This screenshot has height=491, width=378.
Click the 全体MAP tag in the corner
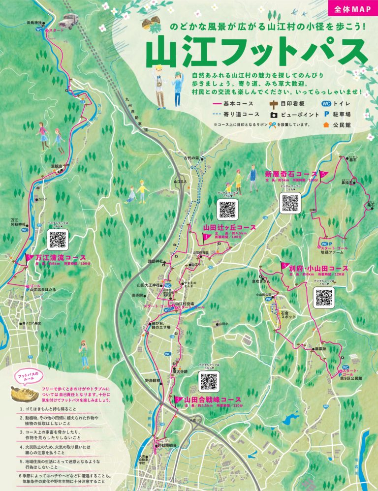351,9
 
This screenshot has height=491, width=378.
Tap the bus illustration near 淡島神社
68,20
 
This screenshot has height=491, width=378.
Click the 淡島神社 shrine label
34,23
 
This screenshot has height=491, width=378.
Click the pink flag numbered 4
284,266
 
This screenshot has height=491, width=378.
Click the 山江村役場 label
185,304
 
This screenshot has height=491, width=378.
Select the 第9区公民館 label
350,378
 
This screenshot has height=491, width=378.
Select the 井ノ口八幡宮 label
32,323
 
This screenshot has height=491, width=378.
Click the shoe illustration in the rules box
25,394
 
